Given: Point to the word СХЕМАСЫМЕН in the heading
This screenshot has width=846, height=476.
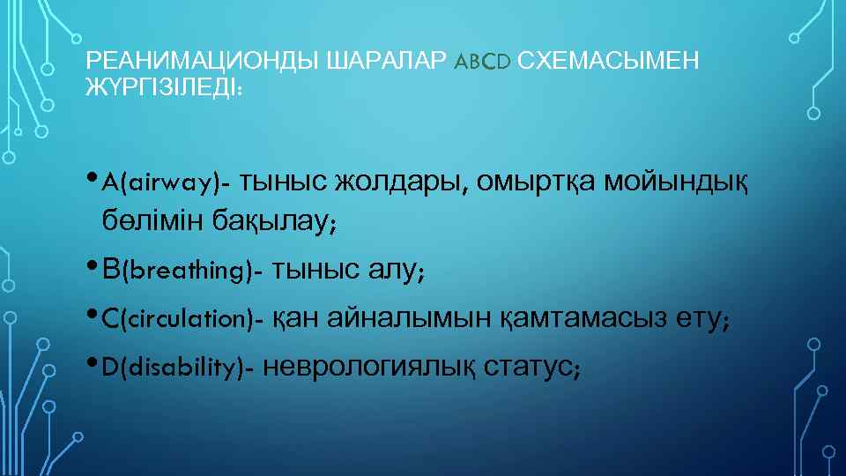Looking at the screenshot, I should (609, 62).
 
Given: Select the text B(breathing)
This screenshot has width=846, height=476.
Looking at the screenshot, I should (182, 271).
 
